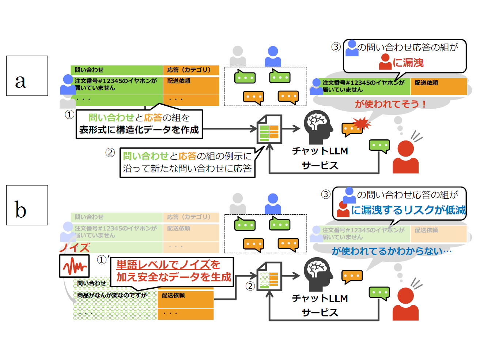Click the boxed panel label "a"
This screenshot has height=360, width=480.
[27, 76]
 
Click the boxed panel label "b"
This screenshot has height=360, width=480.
[27, 205]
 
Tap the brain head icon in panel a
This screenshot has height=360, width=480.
[318, 127]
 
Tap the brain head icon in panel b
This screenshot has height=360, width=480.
[318, 274]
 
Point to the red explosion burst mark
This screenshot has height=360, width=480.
[361, 124]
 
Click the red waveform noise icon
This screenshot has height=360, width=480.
[74, 266]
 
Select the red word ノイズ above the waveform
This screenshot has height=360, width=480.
[75, 248]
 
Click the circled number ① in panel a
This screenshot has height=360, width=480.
[69, 115]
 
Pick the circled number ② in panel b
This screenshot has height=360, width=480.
[250, 286]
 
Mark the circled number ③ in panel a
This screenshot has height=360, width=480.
[336, 47]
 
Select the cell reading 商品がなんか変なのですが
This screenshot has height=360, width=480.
[112, 295]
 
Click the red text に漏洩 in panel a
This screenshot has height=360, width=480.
[408, 63]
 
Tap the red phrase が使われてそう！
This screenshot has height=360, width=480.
[390, 104]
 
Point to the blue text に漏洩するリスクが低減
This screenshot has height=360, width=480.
[408, 210]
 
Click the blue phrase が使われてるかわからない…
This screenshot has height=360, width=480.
[392, 251]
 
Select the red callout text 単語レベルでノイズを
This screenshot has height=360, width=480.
[168, 265]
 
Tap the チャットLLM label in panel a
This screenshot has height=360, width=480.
[320, 151]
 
